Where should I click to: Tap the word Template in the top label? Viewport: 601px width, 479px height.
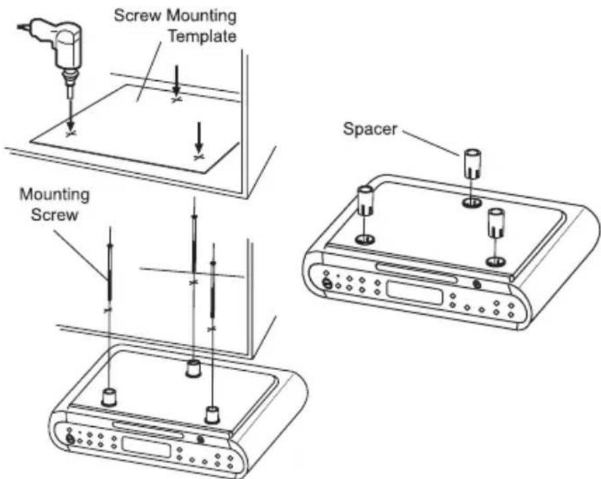click(201, 36)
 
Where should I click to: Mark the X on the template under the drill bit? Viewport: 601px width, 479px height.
click(70, 133)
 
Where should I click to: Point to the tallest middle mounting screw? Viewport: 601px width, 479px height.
click(193, 247)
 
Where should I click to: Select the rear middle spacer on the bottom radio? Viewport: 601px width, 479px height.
click(193, 367)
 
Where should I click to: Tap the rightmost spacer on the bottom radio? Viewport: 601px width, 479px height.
click(212, 414)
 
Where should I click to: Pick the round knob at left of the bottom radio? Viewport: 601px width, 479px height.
click(69, 439)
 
